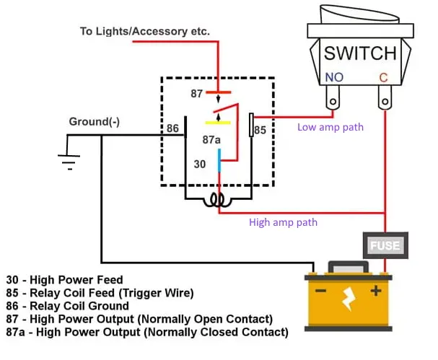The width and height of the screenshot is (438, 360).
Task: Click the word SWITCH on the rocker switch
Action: click(359, 53)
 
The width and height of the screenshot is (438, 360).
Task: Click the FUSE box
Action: click(385, 245)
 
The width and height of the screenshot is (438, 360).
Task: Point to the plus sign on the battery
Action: click(375, 292)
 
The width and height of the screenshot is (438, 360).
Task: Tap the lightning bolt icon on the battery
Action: click(348, 297)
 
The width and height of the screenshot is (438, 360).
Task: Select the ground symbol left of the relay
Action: click(68, 159)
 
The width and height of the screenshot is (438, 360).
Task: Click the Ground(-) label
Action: click(94, 122)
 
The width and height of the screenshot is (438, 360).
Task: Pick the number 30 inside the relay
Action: click(200, 164)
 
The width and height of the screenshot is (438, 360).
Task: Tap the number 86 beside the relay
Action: click(172, 128)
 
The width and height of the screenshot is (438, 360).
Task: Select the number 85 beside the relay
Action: click(260, 131)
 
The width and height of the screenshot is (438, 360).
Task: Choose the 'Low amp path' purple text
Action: click(330, 128)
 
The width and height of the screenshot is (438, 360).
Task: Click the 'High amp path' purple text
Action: click(283, 222)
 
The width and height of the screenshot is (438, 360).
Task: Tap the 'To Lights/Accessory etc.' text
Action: click(144, 32)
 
